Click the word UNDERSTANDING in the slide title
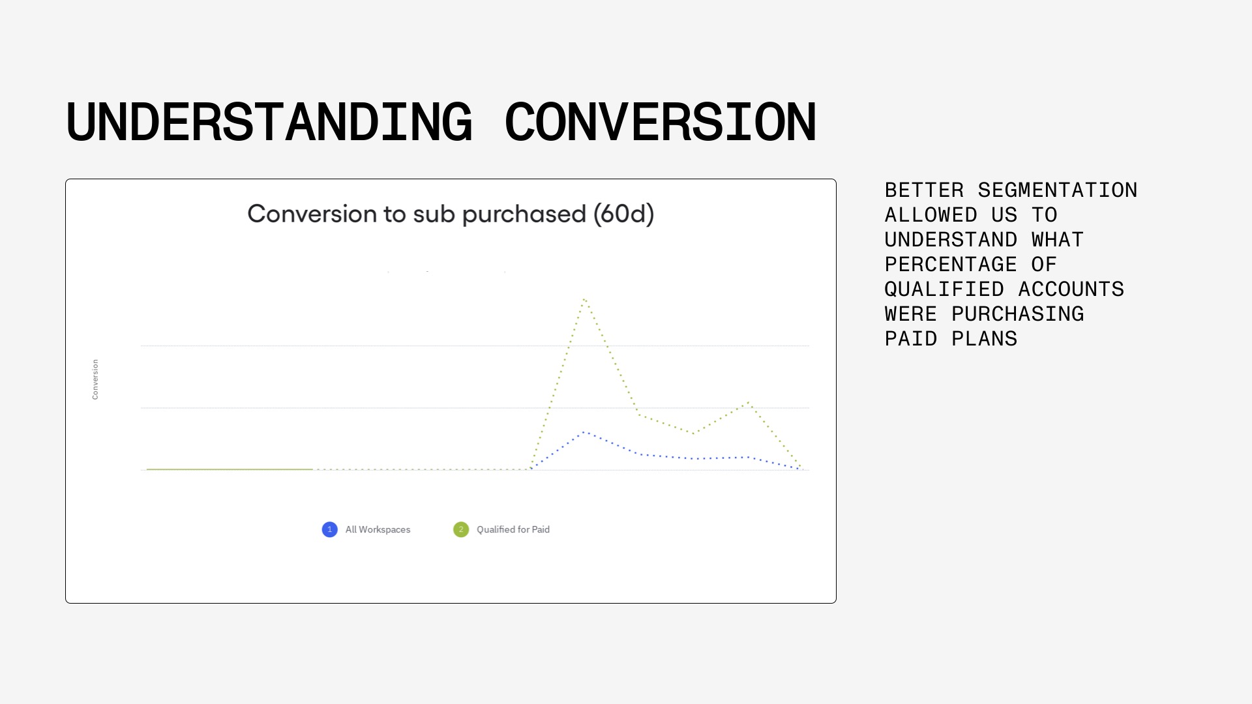pos(269,122)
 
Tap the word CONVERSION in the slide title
pos(661,122)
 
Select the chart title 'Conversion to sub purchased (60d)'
pos(451,214)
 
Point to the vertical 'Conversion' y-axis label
pos(95,379)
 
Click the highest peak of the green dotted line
pos(585,299)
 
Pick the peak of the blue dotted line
pos(585,432)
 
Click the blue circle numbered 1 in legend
pos(330,529)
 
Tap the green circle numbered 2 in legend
pos(461,529)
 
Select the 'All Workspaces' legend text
pos(378,529)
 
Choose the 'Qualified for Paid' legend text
pos(513,529)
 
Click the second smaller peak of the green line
pos(749,403)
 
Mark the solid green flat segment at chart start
pos(230,469)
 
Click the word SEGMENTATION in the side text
pos(1058,190)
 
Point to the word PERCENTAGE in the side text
pos(951,264)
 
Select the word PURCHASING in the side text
pos(1018,314)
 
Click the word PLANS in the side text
pos(985,338)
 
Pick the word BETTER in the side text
pos(924,190)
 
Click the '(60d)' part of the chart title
pos(624,214)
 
